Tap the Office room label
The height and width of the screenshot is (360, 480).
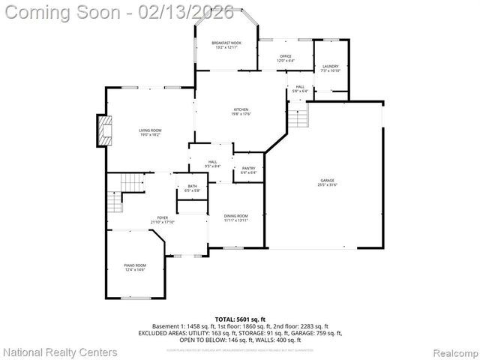point(285,57)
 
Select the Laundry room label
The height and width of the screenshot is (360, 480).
point(331,68)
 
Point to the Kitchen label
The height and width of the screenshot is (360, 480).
point(240,112)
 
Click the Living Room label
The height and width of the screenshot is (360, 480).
point(150,132)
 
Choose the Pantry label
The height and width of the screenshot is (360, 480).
point(249,170)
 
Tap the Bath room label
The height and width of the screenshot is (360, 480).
point(192,188)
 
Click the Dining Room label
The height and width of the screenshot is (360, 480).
point(235,217)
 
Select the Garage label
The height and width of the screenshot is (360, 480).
point(328,182)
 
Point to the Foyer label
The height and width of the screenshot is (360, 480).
point(162,220)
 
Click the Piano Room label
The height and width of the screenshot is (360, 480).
point(135,267)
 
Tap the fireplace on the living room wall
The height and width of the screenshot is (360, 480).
point(103,132)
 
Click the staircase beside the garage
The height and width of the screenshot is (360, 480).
point(298,118)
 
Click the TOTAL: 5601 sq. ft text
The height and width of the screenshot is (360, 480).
point(239,319)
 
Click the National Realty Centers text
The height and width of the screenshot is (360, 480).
point(60,352)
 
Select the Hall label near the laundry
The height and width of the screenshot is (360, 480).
point(300,89)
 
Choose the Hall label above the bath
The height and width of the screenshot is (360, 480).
point(213,163)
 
